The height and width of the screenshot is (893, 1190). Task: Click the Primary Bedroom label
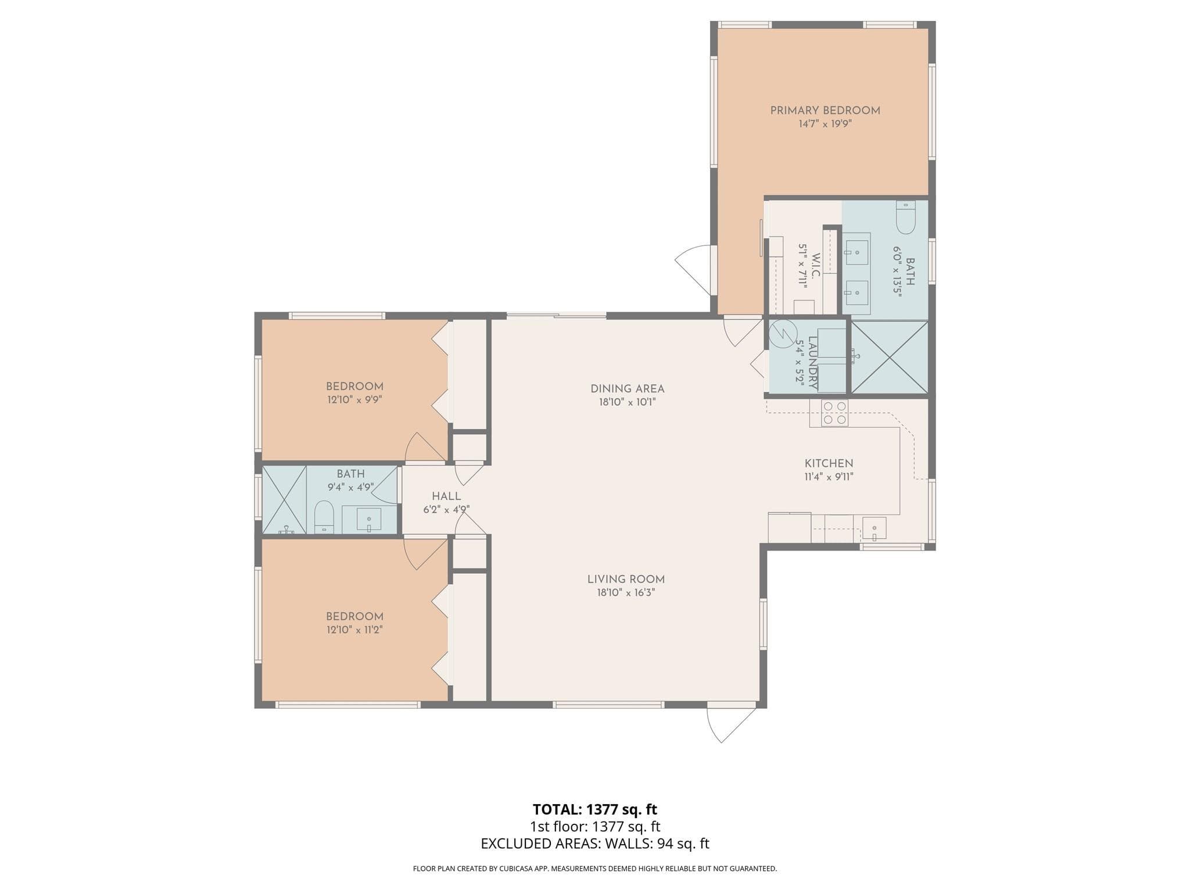(x=825, y=110)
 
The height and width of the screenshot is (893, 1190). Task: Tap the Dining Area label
(x=627, y=388)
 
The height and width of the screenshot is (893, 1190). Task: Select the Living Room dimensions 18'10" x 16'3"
(x=626, y=593)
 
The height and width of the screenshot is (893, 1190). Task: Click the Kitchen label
(x=829, y=463)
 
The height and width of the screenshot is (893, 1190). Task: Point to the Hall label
(x=446, y=496)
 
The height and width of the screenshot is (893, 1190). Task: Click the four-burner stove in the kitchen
(x=834, y=413)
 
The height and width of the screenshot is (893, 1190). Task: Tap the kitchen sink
(x=874, y=528)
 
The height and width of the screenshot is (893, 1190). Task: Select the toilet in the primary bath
(x=905, y=216)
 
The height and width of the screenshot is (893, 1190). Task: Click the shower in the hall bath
(x=285, y=500)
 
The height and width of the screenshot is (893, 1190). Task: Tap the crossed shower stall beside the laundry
(x=890, y=358)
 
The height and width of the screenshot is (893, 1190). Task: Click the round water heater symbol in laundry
(x=783, y=333)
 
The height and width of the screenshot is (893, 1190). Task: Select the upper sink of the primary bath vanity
(x=856, y=252)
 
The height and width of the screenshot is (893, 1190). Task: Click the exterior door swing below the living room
(x=726, y=724)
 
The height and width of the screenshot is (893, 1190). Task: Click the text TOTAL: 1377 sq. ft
(x=595, y=809)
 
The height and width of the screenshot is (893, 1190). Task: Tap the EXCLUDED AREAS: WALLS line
(x=595, y=844)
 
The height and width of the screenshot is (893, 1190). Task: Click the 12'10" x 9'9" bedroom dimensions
(x=354, y=400)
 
